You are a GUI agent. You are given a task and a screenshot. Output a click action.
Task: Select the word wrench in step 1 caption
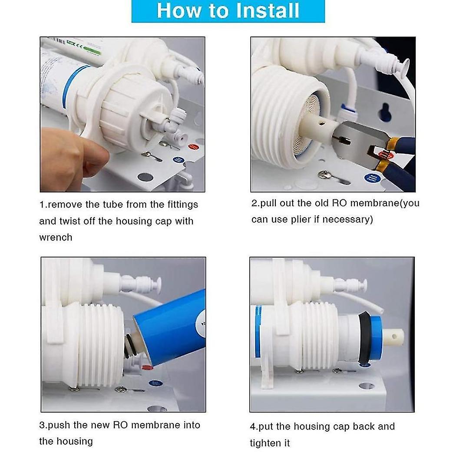tap(56, 238)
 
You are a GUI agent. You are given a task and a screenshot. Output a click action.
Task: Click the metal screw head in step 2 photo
tap(323, 174)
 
